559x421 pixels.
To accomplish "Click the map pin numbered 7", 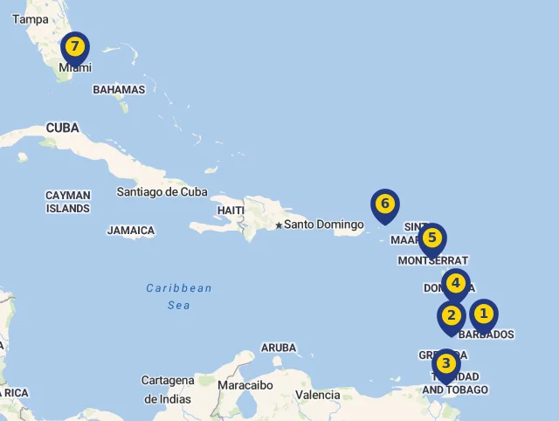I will [x=75, y=47].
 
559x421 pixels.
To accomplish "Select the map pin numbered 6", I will [x=384, y=205].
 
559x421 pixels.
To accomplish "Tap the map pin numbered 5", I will [x=431, y=238].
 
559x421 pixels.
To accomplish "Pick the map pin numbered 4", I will [x=455, y=284].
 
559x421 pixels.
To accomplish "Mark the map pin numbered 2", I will [x=452, y=316].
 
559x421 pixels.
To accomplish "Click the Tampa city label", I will [x=31, y=19].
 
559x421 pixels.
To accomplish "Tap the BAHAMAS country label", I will [x=119, y=90].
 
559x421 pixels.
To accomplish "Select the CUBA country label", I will [x=62, y=128].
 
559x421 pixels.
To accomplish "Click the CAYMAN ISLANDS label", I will [x=68, y=203].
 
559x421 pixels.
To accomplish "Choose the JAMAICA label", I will [x=131, y=231].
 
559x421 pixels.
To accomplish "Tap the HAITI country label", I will [x=231, y=210].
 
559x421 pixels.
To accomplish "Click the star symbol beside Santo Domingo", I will [x=279, y=225].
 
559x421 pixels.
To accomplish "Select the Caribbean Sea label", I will [x=179, y=297].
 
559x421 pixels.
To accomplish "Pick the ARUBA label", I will [x=279, y=348].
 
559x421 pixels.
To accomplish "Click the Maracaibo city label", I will [x=245, y=385].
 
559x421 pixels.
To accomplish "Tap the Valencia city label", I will [x=317, y=395].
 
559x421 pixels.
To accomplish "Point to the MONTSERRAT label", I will [x=433, y=261].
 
